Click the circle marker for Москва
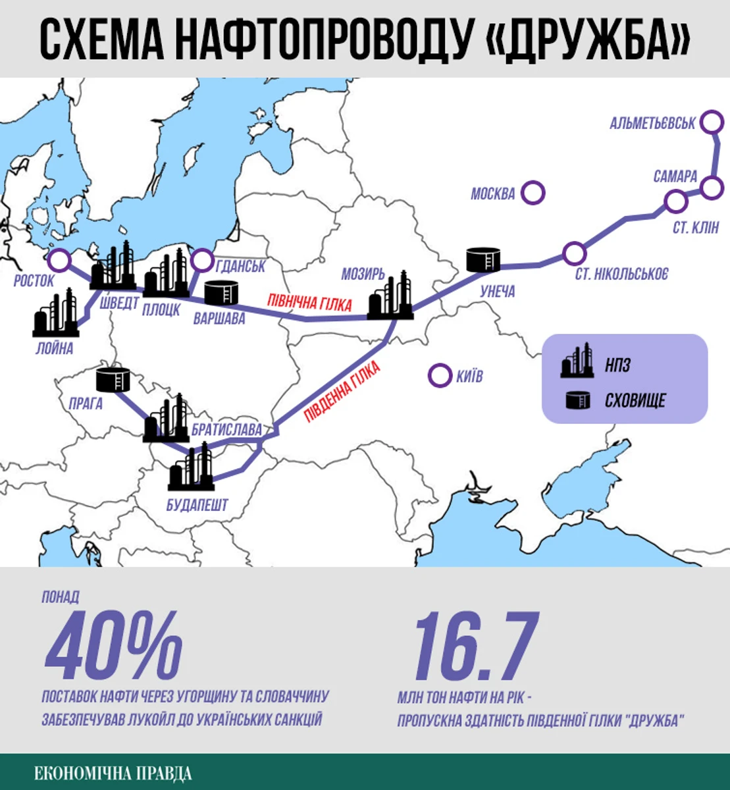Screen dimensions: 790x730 pos(533,193)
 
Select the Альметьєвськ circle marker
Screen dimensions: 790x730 pos(710,122)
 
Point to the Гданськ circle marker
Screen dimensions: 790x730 pos(202,259)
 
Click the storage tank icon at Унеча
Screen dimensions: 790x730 pos(483,259)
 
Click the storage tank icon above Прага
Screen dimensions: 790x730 pos(113,379)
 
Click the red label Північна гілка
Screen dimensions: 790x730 pos(309,302)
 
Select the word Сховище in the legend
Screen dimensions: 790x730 pos(635,400)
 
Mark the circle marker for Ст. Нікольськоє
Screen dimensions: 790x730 pos(575,252)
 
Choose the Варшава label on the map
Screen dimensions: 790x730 pos(219,319)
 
